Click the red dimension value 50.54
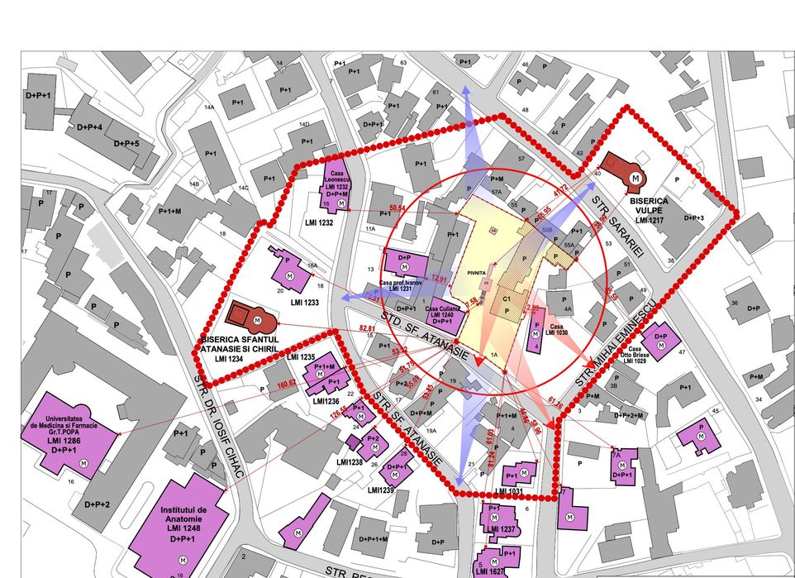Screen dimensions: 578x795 tap(397, 208)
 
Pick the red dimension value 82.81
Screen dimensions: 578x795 tap(368, 328)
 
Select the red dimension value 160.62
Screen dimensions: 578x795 tap(288, 383)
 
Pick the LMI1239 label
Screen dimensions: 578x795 tap(381, 490)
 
